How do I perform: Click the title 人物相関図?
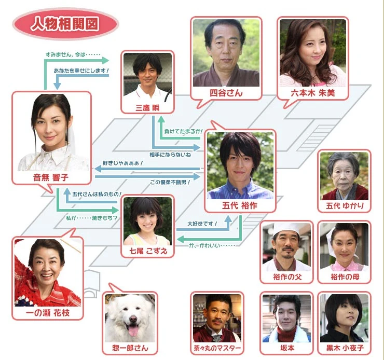[x=65, y=24]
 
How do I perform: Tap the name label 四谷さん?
[x=225, y=93]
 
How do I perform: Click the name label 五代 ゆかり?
[x=345, y=206]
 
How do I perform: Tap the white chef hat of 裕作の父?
[x=286, y=229]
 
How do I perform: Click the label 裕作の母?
[x=344, y=276]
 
